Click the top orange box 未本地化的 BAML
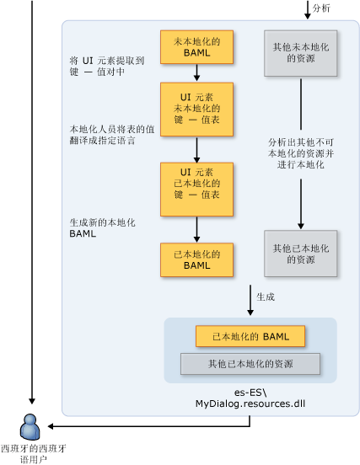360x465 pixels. [x=196, y=48]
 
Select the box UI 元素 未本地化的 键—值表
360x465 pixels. [x=196, y=108]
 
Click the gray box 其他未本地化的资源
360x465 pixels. [x=300, y=54]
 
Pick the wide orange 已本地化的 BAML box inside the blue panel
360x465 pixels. [x=250, y=337]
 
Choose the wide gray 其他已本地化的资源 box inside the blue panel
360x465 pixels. [x=250, y=364]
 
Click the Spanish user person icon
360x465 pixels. [x=32, y=425]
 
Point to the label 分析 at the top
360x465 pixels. [x=321, y=8]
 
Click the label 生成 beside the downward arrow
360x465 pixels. [x=266, y=297]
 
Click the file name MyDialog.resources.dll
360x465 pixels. [x=250, y=404]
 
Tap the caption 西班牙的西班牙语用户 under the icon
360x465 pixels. [x=35, y=454]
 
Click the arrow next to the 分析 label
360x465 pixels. [x=307, y=9]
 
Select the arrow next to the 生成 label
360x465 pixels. [x=250, y=299]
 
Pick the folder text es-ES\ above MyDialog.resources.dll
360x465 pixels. [x=250, y=392]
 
